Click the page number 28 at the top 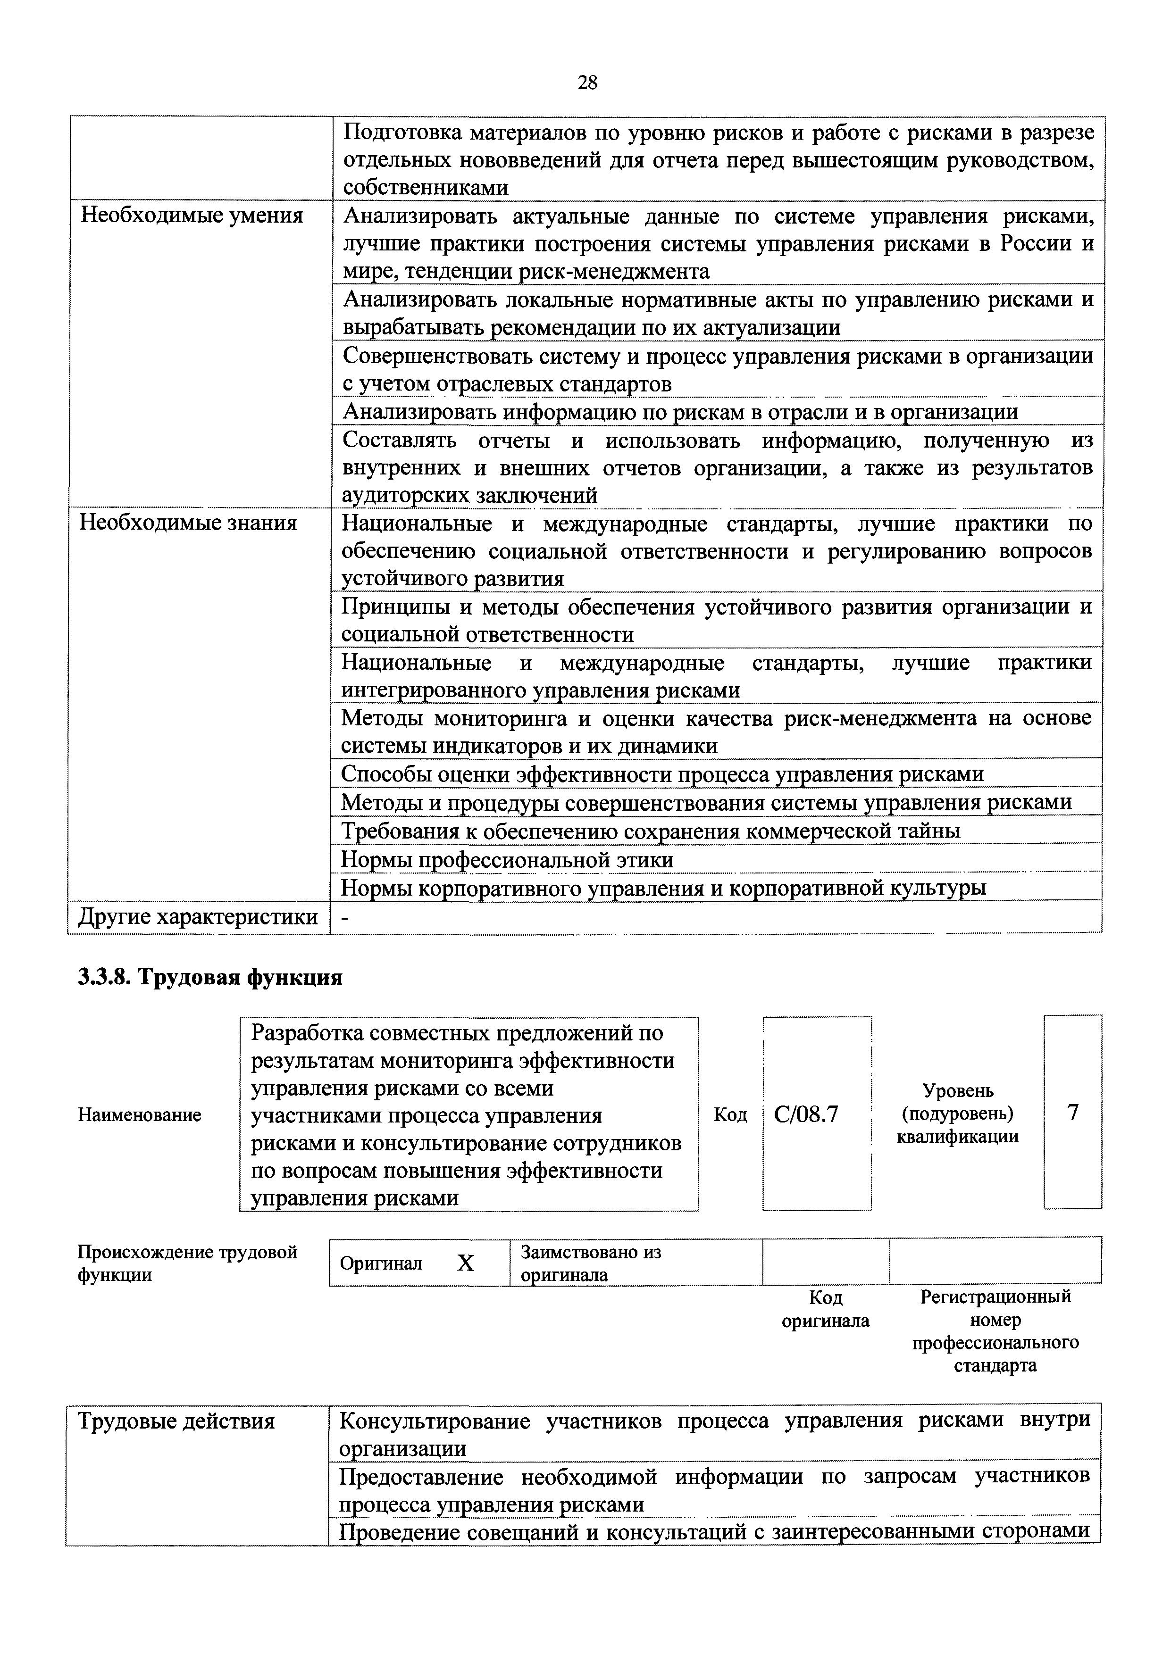pos(587,83)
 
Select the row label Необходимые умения pos(192,216)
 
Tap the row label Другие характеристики pos(198,917)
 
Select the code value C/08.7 pos(806,1114)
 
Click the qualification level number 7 pos(1072,1113)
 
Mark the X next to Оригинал pos(466,1263)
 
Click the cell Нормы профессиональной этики pos(507,860)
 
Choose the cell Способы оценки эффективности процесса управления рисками pos(662,774)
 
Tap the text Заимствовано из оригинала pos(591,1263)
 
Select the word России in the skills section pos(1036,243)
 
